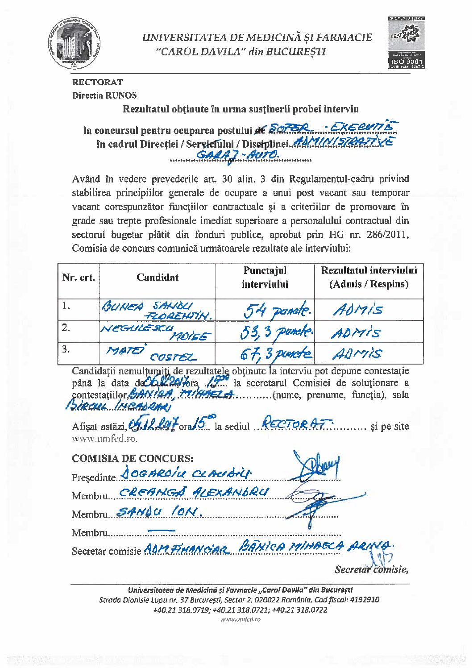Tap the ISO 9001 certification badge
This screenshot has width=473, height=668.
407,42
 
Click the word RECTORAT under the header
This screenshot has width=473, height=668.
97,82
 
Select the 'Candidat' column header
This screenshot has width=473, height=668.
158,277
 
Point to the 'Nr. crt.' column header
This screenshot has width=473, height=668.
79,277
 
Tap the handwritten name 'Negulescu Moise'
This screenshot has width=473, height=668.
156,332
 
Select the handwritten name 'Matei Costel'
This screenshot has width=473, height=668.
150,353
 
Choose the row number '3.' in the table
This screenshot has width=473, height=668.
66,349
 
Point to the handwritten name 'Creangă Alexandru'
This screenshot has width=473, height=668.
195,492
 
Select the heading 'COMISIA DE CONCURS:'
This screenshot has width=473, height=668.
133,458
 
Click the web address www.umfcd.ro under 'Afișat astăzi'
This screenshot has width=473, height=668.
104,439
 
